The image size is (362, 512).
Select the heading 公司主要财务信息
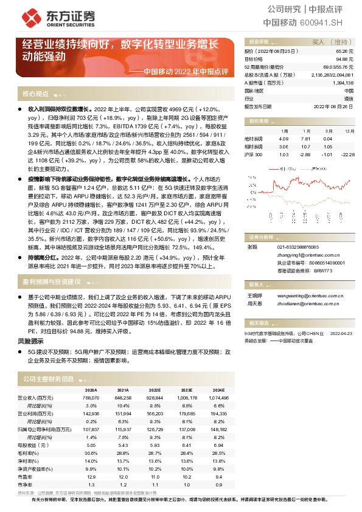pos(48,379)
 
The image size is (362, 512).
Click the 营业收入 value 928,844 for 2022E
pos(155,397)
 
